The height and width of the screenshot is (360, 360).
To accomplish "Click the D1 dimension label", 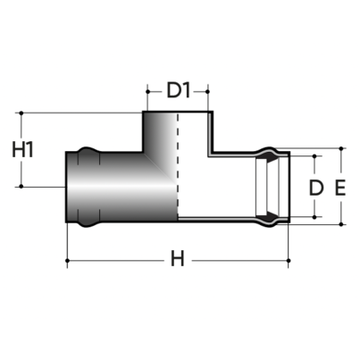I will (178, 89).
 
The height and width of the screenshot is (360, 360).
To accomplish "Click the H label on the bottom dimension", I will (178, 261).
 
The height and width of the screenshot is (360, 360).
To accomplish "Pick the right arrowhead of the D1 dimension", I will (209, 89).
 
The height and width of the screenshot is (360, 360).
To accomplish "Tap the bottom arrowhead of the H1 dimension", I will (21, 185).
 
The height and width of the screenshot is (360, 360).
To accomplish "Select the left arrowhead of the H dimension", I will (71, 261).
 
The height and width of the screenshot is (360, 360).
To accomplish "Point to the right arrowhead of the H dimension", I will (288, 261).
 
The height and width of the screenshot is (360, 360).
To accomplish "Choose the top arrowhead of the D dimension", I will (314, 157).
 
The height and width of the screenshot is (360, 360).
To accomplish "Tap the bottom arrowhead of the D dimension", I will (314, 215).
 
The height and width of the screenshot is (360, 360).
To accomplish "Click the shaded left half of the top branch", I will (161, 134).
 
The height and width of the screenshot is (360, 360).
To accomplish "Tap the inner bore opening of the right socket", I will (268, 188).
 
